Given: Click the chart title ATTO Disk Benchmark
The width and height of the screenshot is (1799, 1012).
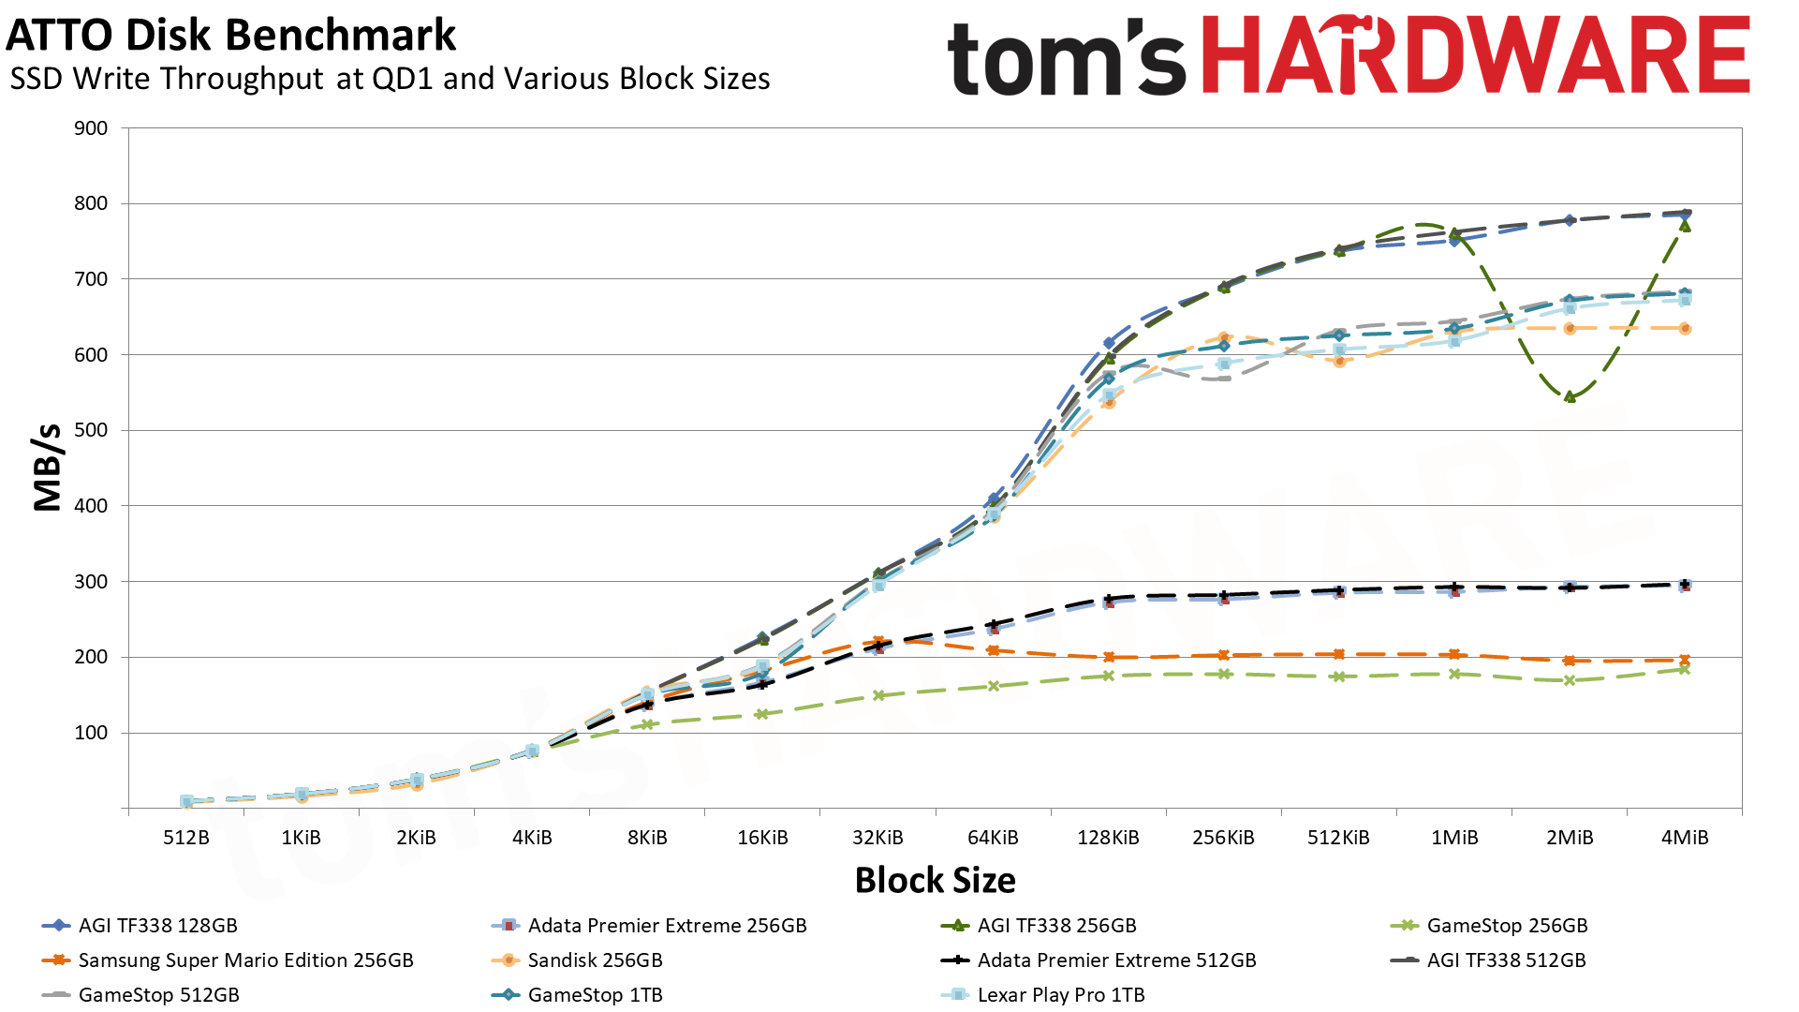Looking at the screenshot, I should (x=230, y=36).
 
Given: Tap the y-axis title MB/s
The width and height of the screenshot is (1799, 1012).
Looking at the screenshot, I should (x=47, y=467).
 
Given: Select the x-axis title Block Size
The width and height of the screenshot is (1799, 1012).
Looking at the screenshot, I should (x=935, y=880).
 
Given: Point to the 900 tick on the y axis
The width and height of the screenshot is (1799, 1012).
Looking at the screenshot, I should (x=91, y=128).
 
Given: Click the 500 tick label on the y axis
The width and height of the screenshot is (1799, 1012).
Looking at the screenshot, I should (x=91, y=430).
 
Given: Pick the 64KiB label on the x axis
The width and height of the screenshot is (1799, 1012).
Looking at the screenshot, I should (x=993, y=838).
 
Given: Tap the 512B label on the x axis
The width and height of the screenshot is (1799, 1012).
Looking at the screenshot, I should (x=185, y=838).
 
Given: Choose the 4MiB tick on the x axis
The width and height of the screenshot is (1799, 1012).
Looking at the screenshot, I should (x=1685, y=838).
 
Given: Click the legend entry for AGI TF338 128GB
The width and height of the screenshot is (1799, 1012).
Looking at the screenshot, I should (x=157, y=926).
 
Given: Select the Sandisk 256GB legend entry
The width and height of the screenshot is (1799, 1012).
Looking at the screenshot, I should (x=595, y=960).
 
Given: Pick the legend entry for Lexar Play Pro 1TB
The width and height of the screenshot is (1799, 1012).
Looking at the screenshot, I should (x=1060, y=995).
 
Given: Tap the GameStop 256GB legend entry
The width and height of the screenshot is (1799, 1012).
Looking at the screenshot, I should (x=1507, y=926).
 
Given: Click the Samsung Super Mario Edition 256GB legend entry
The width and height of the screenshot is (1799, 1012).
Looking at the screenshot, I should (x=245, y=960).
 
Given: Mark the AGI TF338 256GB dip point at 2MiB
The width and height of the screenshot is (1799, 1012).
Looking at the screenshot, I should (x=1570, y=397).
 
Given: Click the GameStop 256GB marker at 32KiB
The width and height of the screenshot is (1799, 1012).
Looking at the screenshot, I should (x=878, y=695).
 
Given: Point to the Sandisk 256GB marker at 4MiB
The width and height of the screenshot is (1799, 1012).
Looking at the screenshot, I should (x=1685, y=329).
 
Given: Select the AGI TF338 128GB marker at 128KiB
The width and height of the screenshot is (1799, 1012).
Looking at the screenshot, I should (x=1109, y=344).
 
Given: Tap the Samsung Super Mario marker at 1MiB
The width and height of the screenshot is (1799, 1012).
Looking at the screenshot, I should (x=1454, y=655).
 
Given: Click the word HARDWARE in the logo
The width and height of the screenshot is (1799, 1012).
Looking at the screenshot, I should (x=1475, y=56).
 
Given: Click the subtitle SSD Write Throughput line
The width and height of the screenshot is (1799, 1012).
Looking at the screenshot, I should (x=390, y=79).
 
